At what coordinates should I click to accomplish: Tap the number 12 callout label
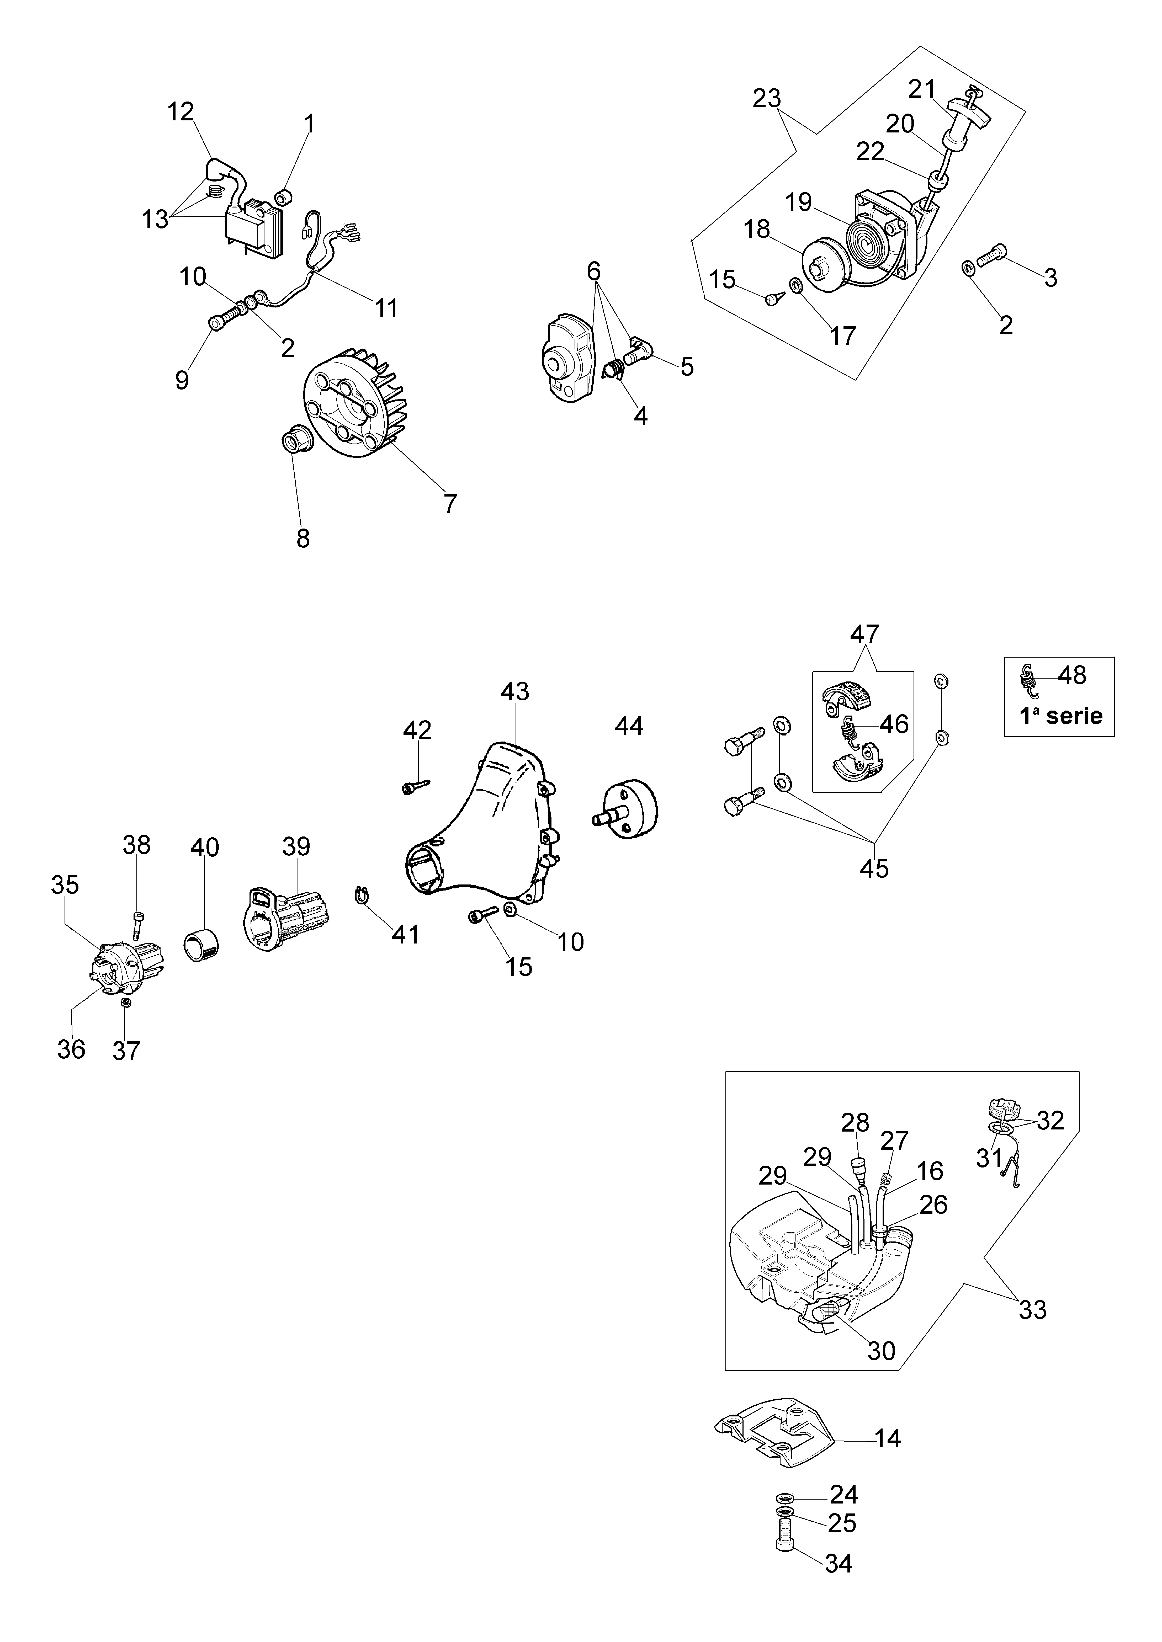pyautogui.click(x=181, y=111)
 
